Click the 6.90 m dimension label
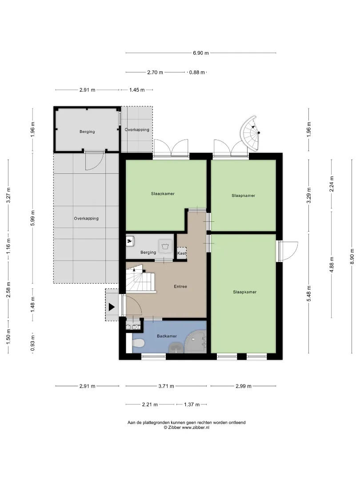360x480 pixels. (x=201, y=53)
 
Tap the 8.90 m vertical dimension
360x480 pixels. (x=352, y=256)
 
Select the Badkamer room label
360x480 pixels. (x=167, y=336)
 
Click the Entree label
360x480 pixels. (x=180, y=287)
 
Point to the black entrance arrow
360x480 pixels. (x=112, y=307)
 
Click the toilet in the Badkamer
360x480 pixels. (x=138, y=343)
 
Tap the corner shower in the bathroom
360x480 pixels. (x=196, y=341)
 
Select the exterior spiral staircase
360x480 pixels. (x=250, y=133)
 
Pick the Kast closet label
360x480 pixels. (x=181, y=253)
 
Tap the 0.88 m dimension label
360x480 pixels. (x=197, y=72)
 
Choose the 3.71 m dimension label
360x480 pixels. (x=166, y=386)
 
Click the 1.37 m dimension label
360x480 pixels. (x=192, y=405)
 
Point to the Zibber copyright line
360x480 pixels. (x=186, y=428)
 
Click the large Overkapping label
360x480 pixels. (x=86, y=219)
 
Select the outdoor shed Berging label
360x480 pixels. (x=87, y=132)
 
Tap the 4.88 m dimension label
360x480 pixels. (x=332, y=264)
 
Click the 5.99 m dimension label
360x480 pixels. (x=33, y=218)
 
